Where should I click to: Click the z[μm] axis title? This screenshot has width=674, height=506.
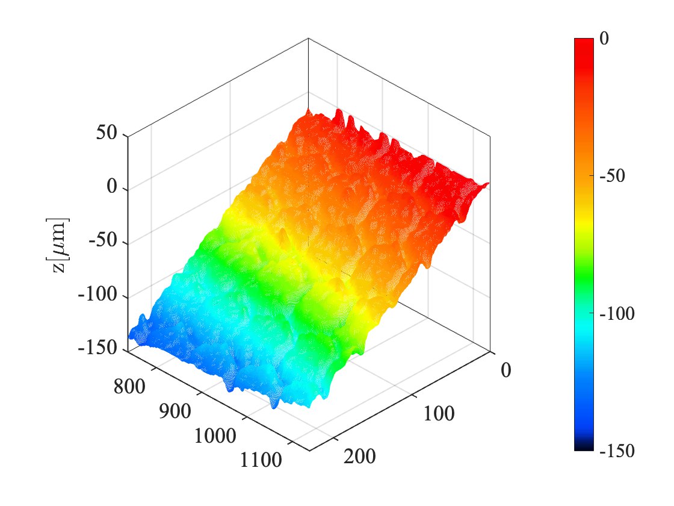61,245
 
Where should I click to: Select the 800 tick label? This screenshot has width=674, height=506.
129,386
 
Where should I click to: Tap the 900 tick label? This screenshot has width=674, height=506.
175,413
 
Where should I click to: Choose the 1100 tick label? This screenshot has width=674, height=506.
261,461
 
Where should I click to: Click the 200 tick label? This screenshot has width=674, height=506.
359,457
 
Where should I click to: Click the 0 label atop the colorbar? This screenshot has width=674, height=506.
604,39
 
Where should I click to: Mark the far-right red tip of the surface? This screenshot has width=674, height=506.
487,183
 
